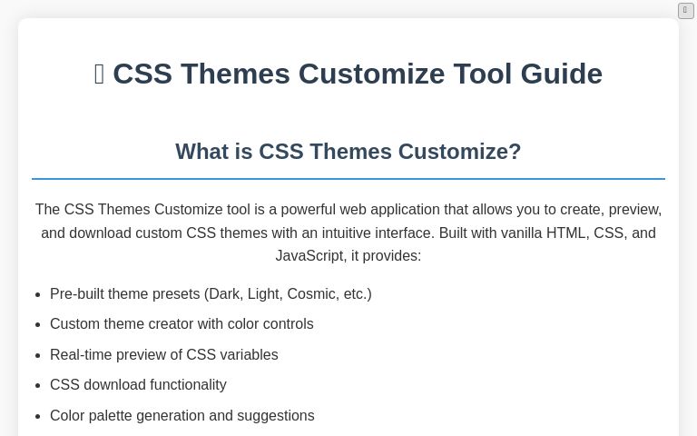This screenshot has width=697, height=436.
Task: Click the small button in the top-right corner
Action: (686, 11)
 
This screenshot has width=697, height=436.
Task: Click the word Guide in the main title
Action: (562, 74)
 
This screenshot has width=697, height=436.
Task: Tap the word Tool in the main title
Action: (482, 74)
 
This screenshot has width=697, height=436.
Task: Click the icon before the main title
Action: (100, 74)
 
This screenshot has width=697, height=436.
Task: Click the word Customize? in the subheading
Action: (459, 152)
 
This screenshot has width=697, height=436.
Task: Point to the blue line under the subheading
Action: (348, 179)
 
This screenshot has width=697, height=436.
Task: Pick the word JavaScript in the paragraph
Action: (309, 256)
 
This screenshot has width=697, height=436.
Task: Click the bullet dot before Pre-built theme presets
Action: (38, 294)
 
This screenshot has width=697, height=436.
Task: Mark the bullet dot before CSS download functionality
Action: (38, 385)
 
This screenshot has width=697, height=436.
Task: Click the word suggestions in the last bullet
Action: (276, 415)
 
